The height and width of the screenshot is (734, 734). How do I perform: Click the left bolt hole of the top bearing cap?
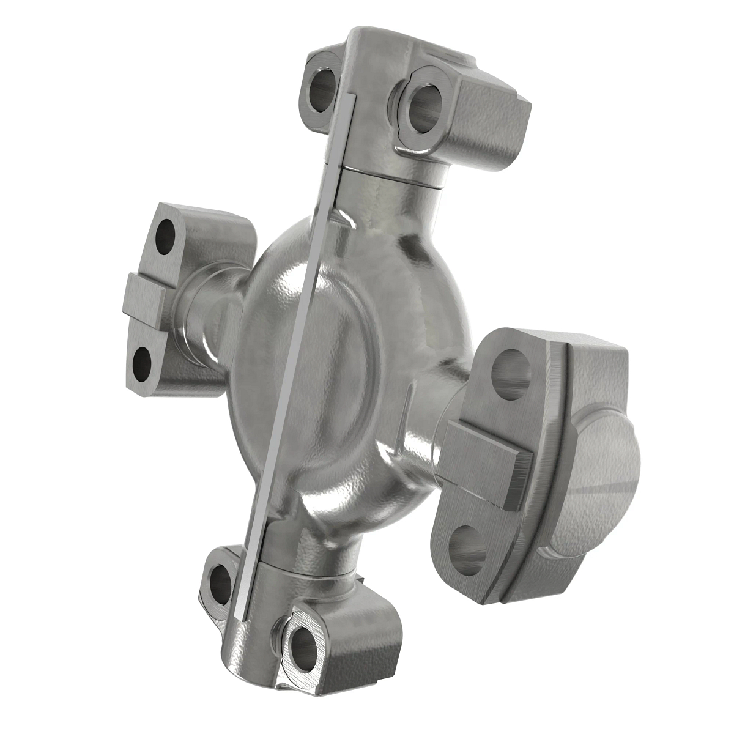[x=322, y=91]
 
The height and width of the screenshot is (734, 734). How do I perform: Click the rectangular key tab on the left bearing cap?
[x=144, y=300]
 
